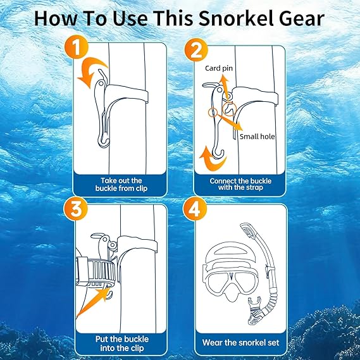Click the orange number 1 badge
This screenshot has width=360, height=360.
pyautogui.click(x=76, y=47)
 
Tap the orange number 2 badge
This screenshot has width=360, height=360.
pyautogui.click(x=196, y=50)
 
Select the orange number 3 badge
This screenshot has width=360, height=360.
pyautogui.click(x=76, y=208)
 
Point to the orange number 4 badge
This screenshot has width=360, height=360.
pyautogui.click(x=195, y=209)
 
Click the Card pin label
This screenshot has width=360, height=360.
pyautogui.click(x=219, y=68)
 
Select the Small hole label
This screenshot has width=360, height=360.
pyautogui.click(x=257, y=137)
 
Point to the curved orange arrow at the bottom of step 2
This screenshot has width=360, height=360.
pyautogui.click(x=213, y=162)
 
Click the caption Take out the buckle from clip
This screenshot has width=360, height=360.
pyautogui.click(x=121, y=184)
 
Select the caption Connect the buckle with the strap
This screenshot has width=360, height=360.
pyautogui.click(x=240, y=184)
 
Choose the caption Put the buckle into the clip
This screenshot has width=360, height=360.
pyautogui.click(x=122, y=344)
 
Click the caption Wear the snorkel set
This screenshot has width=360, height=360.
pyautogui.click(x=240, y=342)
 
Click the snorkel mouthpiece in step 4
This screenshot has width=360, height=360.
pyautogui.click(x=256, y=311)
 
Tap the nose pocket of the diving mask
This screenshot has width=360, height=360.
pyautogui.click(x=230, y=295)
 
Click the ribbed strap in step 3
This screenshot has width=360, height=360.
pyautogui.click(x=96, y=271)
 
